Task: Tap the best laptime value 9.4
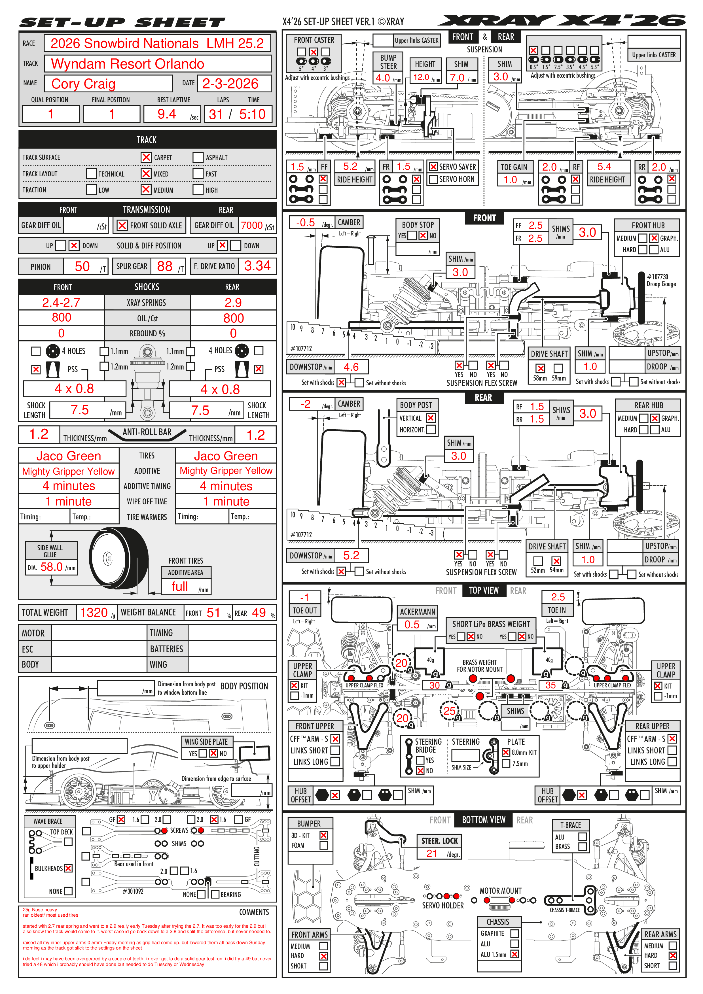166,114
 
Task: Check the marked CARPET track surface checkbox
146,158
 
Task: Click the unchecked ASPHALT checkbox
198,158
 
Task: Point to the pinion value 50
82,267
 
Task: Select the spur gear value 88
165,267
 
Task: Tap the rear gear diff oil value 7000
252,226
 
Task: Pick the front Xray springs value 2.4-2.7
61,303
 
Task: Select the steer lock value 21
431,853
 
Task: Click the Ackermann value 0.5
412,625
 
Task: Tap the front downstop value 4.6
351,367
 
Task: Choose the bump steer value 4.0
383,78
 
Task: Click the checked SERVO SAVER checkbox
433,167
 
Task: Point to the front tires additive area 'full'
180,587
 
